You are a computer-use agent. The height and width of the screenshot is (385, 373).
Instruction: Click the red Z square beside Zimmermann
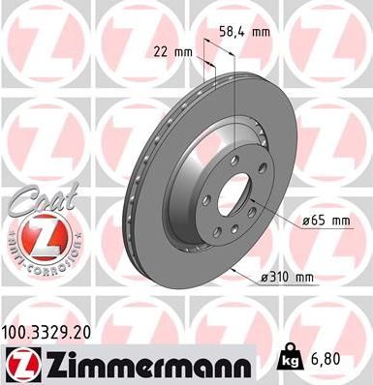[x=21, y=364]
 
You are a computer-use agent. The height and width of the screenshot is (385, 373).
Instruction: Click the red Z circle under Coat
[x=38, y=235]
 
